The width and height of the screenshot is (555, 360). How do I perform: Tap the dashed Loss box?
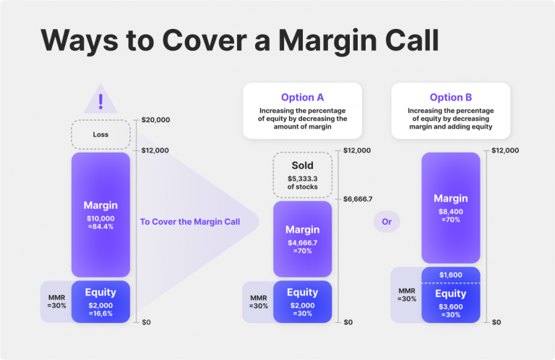point(100,134)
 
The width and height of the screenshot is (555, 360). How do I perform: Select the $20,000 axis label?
point(155,119)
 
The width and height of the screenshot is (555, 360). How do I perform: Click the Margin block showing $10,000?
point(100,215)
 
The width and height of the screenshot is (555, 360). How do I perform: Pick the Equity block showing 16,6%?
point(100,301)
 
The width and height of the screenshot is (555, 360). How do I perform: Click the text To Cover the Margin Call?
point(189,222)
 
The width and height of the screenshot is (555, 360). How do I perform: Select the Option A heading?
point(303,98)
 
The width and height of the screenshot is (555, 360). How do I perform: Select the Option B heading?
point(451,98)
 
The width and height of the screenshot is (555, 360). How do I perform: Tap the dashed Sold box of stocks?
point(303,174)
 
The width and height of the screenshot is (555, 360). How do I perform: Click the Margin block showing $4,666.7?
point(303,239)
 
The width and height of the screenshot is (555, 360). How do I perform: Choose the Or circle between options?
point(387,222)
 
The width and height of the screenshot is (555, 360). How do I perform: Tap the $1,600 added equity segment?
point(451,275)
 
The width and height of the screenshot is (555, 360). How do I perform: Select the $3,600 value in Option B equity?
point(451,306)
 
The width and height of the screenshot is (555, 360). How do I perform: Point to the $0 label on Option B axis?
point(496,322)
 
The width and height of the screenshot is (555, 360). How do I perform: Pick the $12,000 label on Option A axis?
point(357,150)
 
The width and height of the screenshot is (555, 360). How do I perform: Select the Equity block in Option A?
point(303,301)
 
